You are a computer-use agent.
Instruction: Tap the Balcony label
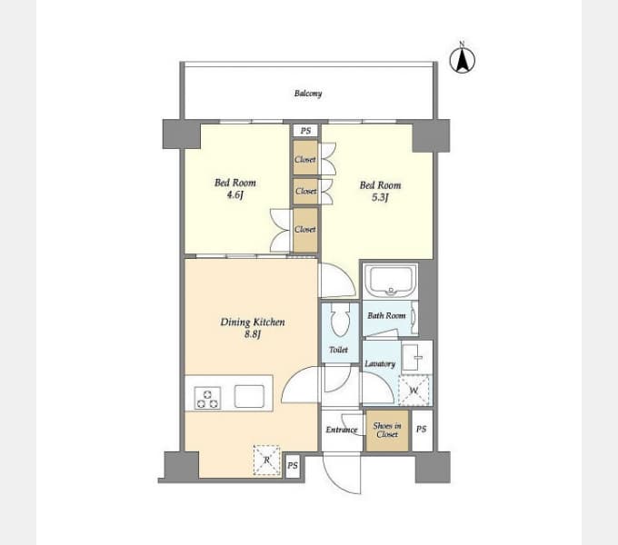(x=308, y=94)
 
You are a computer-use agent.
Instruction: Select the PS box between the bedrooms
(x=305, y=131)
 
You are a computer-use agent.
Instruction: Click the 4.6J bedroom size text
(x=235, y=194)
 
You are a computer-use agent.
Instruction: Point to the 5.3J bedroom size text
(x=380, y=197)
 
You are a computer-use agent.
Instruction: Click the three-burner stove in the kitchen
(x=208, y=398)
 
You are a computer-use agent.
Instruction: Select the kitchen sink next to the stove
(x=249, y=396)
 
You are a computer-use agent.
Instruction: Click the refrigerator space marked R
(x=267, y=460)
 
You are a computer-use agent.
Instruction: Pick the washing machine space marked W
(x=414, y=391)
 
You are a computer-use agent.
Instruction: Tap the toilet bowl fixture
(x=340, y=320)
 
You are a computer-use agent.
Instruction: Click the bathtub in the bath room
(x=390, y=281)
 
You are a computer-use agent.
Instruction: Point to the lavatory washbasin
(x=412, y=357)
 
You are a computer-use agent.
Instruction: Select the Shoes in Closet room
(x=387, y=431)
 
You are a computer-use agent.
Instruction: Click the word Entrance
(x=342, y=430)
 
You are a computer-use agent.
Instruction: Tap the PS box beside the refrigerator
(x=293, y=466)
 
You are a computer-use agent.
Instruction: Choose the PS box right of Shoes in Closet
(x=422, y=430)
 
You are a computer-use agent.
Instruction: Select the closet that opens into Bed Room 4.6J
(x=305, y=230)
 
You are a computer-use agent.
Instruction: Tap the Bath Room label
(x=386, y=315)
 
